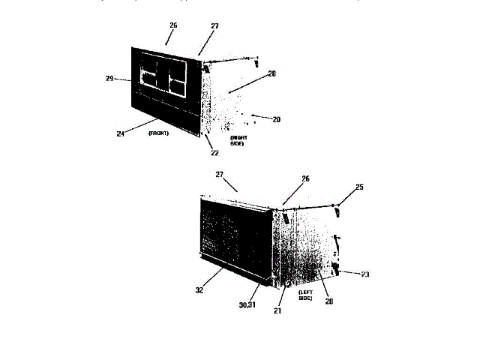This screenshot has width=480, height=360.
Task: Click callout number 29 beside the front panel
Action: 109,78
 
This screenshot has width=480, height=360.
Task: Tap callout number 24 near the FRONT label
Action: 119,133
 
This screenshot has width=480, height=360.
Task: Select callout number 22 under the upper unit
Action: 214,153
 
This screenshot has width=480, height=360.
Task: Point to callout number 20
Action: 276,118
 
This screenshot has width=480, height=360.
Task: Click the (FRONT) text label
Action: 158,133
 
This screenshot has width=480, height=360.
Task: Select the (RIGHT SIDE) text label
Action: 238,140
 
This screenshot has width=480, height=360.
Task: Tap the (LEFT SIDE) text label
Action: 305,295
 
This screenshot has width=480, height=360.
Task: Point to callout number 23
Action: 365,274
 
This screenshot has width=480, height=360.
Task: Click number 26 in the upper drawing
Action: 173,25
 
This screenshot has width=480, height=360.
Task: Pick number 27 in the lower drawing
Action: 220,174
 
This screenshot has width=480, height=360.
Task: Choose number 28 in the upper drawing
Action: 271,73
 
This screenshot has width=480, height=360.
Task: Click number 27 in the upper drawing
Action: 214,26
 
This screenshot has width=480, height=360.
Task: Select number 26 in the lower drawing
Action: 305,179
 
